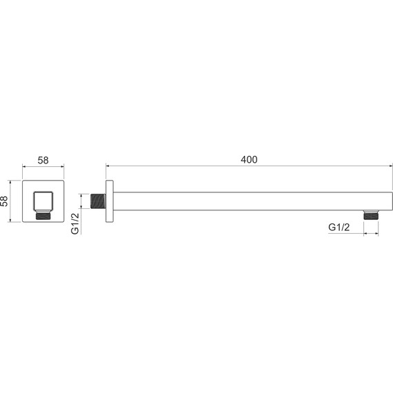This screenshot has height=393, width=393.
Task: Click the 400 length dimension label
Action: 249,160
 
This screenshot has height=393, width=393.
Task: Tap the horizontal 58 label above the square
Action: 43,161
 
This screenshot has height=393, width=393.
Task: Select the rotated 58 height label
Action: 4,201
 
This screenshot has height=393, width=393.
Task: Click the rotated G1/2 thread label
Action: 75,223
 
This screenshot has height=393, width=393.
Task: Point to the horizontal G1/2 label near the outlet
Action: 339,228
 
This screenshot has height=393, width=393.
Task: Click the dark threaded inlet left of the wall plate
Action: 98,201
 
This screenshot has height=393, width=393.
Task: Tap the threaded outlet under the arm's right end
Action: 371,215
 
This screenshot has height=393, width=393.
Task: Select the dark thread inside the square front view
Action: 43,216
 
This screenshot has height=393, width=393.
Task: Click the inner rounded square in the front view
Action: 43,201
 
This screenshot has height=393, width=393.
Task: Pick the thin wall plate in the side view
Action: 110,201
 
